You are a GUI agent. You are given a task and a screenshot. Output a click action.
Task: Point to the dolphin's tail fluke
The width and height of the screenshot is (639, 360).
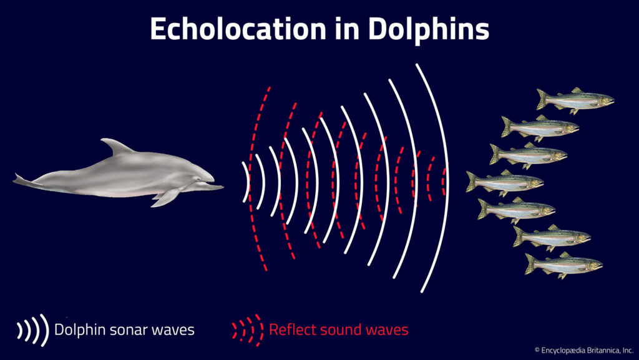23,181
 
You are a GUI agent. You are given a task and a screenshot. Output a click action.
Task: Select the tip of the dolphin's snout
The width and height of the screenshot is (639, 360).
221,186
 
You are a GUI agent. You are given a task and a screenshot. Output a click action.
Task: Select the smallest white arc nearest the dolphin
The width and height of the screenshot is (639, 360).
247,182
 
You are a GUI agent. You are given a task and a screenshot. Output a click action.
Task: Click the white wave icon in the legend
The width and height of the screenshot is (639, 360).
33,329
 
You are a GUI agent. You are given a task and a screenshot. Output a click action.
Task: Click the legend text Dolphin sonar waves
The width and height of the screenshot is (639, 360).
124,329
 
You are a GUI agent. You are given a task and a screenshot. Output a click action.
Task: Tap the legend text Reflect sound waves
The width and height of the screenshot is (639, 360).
338,329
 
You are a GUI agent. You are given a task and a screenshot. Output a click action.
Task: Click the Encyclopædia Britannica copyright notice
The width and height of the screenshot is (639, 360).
583,351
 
